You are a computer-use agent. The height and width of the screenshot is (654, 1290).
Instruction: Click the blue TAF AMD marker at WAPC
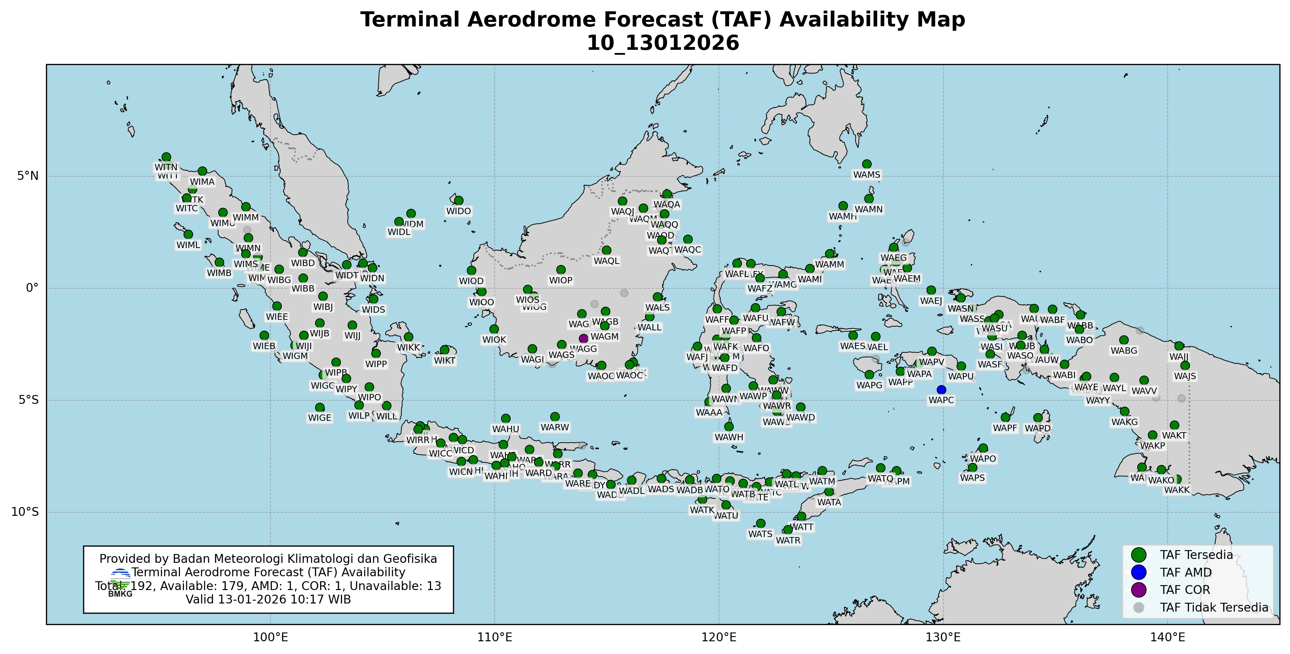pyautogui.click(x=941, y=390)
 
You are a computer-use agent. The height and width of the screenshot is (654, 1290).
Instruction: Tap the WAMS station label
pyautogui.click(x=866, y=175)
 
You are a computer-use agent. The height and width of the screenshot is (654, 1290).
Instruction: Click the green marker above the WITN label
pyautogui.click(x=166, y=157)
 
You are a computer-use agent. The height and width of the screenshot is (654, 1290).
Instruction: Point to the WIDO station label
pyautogui.click(x=459, y=211)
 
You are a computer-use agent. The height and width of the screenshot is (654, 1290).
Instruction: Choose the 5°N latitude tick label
pyautogui.click(x=28, y=176)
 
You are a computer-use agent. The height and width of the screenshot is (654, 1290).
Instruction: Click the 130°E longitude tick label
pyautogui.click(x=943, y=638)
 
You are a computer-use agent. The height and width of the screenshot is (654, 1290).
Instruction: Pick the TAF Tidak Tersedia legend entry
pyautogui.click(x=1214, y=607)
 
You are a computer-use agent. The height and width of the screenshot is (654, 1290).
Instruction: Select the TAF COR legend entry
pyautogui.click(x=1185, y=590)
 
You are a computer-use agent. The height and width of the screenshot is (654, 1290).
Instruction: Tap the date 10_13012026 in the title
pyautogui.click(x=663, y=43)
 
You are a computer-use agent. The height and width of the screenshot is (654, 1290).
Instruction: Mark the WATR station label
pyautogui.click(x=788, y=541)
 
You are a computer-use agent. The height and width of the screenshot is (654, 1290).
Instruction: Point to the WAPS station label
pyautogui.click(x=972, y=478)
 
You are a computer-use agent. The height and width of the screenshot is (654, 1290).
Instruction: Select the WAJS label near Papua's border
pyautogui.click(x=1185, y=376)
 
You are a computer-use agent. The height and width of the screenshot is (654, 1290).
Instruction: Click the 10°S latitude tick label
pyautogui.click(x=25, y=512)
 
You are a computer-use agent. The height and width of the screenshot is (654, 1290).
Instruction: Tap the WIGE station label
pyautogui.click(x=320, y=418)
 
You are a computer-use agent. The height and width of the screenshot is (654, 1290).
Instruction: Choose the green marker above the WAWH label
pyautogui.click(x=728, y=426)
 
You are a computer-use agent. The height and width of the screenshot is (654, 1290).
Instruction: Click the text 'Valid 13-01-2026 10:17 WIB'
pyautogui.click(x=268, y=600)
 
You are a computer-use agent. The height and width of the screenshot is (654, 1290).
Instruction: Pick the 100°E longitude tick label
pyautogui.click(x=271, y=638)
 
